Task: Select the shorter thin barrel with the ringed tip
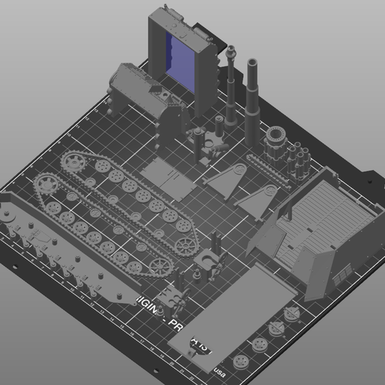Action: (232, 82)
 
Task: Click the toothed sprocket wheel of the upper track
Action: (76, 162)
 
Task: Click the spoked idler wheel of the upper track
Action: (185, 243)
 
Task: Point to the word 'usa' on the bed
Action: (219, 368)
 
